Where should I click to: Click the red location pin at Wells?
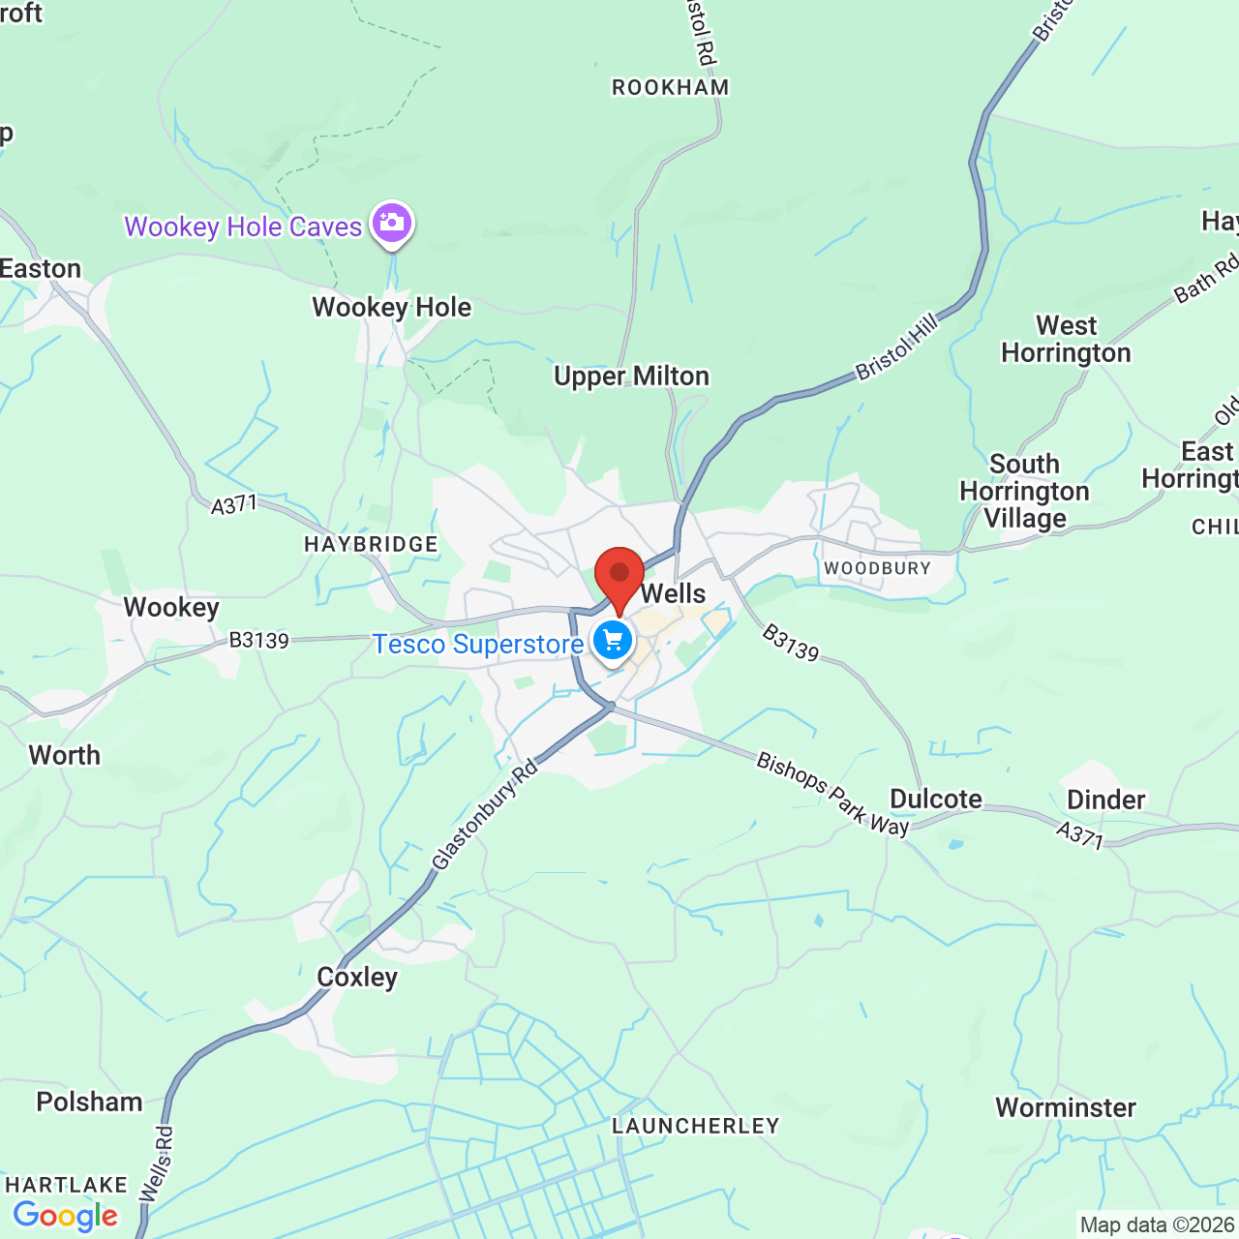click(x=619, y=577)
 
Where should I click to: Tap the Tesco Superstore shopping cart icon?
click(x=612, y=640)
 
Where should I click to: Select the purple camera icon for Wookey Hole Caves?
click(x=391, y=223)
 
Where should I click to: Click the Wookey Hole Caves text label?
click(x=243, y=227)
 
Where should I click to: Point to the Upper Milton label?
click(x=631, y=376)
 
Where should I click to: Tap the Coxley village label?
click(x=357, y=977)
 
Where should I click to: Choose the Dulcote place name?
click(x=935, y=799)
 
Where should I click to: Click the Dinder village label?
click(x=1105, y=800)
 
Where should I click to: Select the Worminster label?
click(x=1066, y=1107)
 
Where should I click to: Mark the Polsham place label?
click(x=89, y=1102)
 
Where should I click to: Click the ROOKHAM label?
click(x=671, y=87)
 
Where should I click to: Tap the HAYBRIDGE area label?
click(x=371, y=544)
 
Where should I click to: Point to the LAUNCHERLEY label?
click(x=696, y=1126)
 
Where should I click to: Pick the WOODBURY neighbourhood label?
click(x=877, y=568)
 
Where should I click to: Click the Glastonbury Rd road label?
click(x=484, y=815)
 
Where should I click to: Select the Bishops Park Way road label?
click(x=833, y=794)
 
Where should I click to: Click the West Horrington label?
click(x=1066, y=339)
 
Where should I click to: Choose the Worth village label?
click(x=65, y=755)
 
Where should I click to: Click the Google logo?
click(x=66, y=1216)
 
